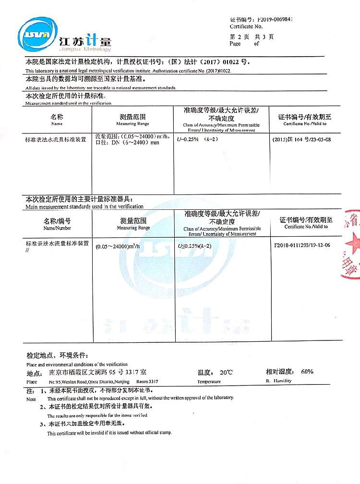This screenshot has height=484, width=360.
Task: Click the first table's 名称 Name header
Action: pyautogui.click(x=57, y=120)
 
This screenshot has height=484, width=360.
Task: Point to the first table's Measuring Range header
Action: pyautogui.click(x=132, y=120)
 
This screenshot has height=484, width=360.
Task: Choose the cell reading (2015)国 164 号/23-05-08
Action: pyautogui.click(x=301, y=139)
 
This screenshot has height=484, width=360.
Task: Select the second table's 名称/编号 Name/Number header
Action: pyautogui.click(x=57, y=224)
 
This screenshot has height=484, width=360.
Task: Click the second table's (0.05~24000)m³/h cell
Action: pyautogui.click(x=118, y=246)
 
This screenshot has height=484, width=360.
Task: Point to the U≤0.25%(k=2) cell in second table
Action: pyautogui.click(x=195, y=246)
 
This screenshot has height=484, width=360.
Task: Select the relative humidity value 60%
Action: pyautogui.click(x=307, y=372)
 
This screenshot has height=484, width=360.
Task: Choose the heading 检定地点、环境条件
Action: pyautogui.click(x=58, y=355)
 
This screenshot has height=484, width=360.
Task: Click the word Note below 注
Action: pyautogui.click(x=31, y=399)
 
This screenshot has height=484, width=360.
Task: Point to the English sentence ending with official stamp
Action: pyautogui.click(x=109, y=433)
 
